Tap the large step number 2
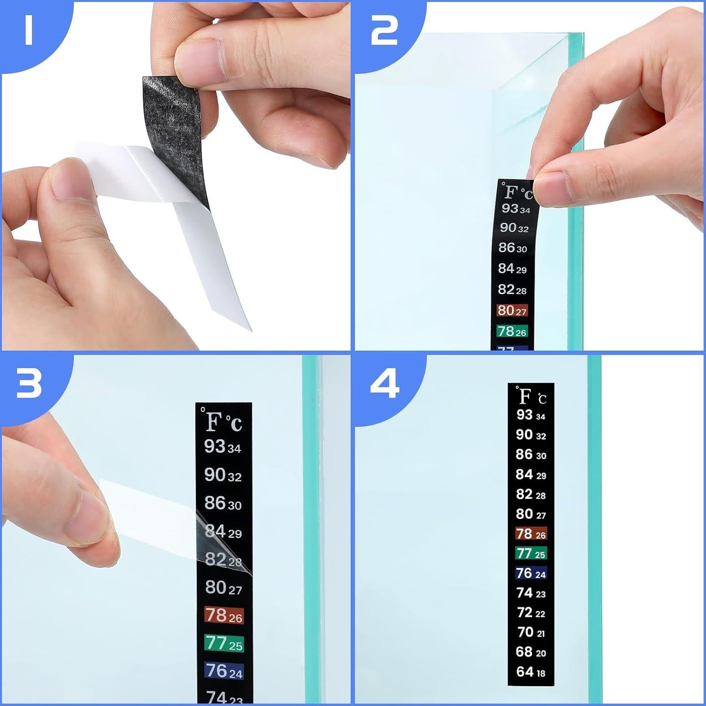[384, 31]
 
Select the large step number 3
[29, 384]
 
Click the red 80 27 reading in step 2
[512, 311]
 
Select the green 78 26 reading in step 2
[512, 331]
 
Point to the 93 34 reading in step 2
[515, 209]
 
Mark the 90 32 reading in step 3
[223, 475]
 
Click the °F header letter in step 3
[213, 421]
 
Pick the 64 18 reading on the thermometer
[530, 672]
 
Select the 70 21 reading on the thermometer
[530, 632]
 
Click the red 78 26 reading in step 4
[530, 534]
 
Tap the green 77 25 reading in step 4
[530, 554]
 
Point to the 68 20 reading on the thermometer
[530, 652]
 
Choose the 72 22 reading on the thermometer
[530, 613]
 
